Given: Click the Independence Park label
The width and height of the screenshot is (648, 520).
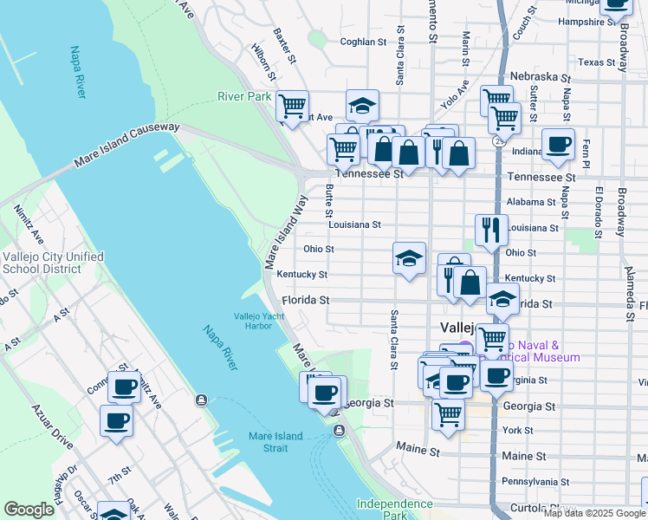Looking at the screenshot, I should click(382, 509).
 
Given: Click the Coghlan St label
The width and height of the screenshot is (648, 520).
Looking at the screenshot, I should click(363, 41).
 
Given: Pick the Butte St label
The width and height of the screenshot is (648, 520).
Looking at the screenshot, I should click(329, 200).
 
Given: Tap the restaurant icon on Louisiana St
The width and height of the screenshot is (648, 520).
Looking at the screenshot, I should click(491, 230).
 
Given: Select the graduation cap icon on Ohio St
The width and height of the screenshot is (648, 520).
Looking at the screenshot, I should click(409, 257).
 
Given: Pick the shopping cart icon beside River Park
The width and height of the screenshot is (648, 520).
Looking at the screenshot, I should click(293, 107).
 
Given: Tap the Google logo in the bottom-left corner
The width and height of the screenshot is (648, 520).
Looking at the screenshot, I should click(29, 510).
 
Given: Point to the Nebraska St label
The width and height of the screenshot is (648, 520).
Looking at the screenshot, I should click(537, 76).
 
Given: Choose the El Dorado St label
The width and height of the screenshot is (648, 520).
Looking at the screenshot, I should click(599, 211).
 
